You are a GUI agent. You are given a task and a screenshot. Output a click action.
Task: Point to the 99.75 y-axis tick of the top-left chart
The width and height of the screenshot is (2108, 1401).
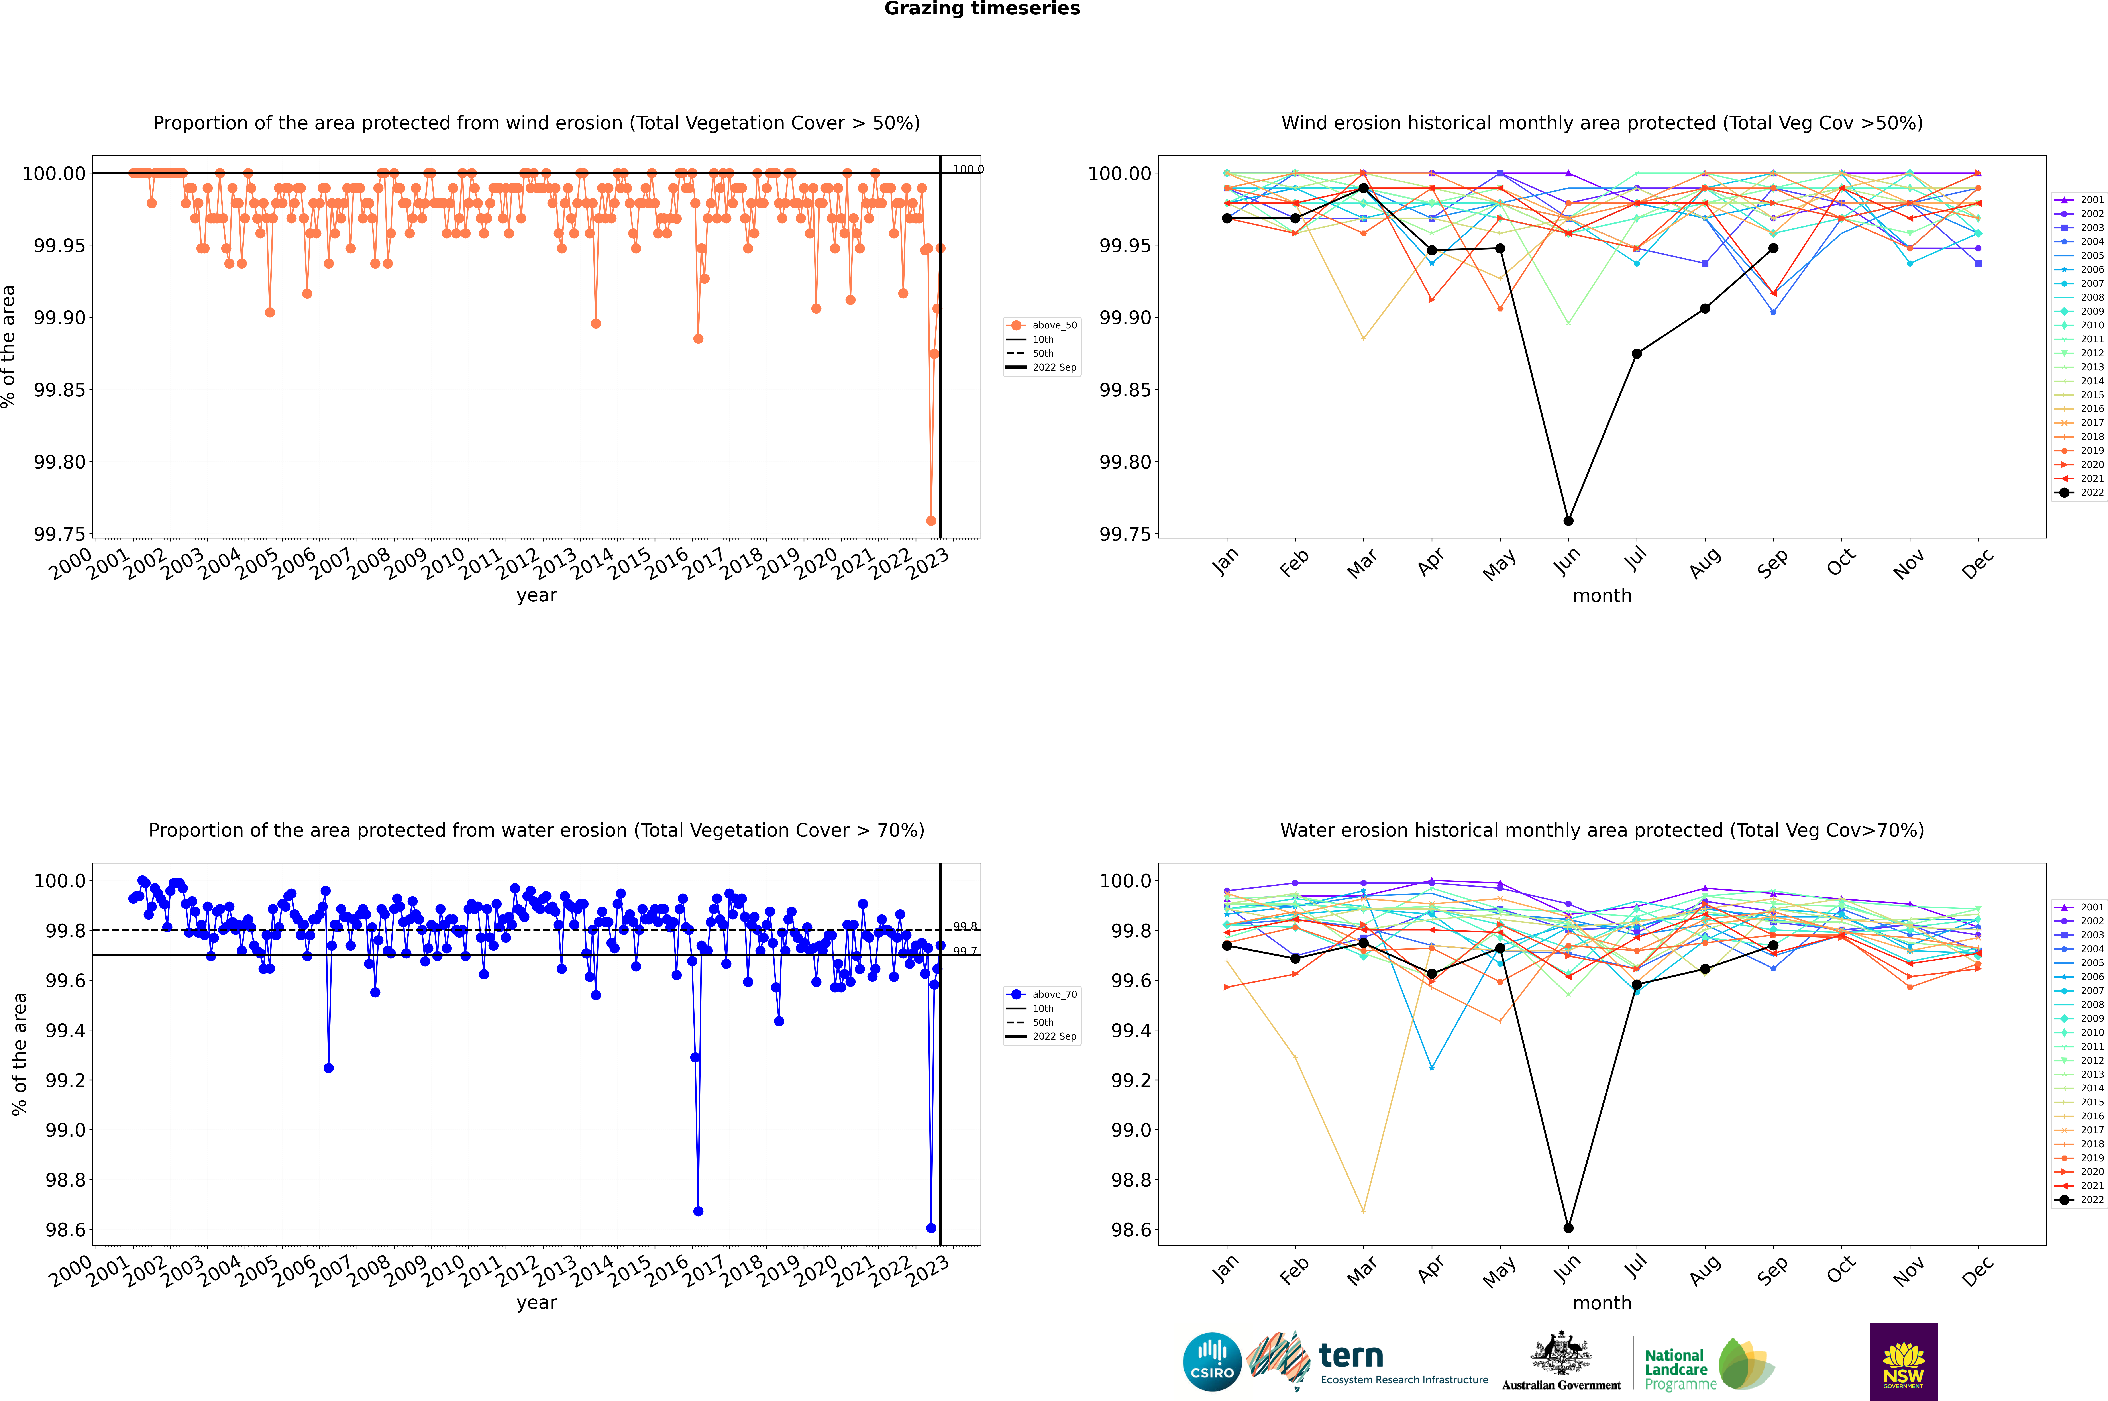[x=61, y=534]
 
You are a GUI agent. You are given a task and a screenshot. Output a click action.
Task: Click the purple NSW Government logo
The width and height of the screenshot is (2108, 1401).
[x=1903, y=1362]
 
